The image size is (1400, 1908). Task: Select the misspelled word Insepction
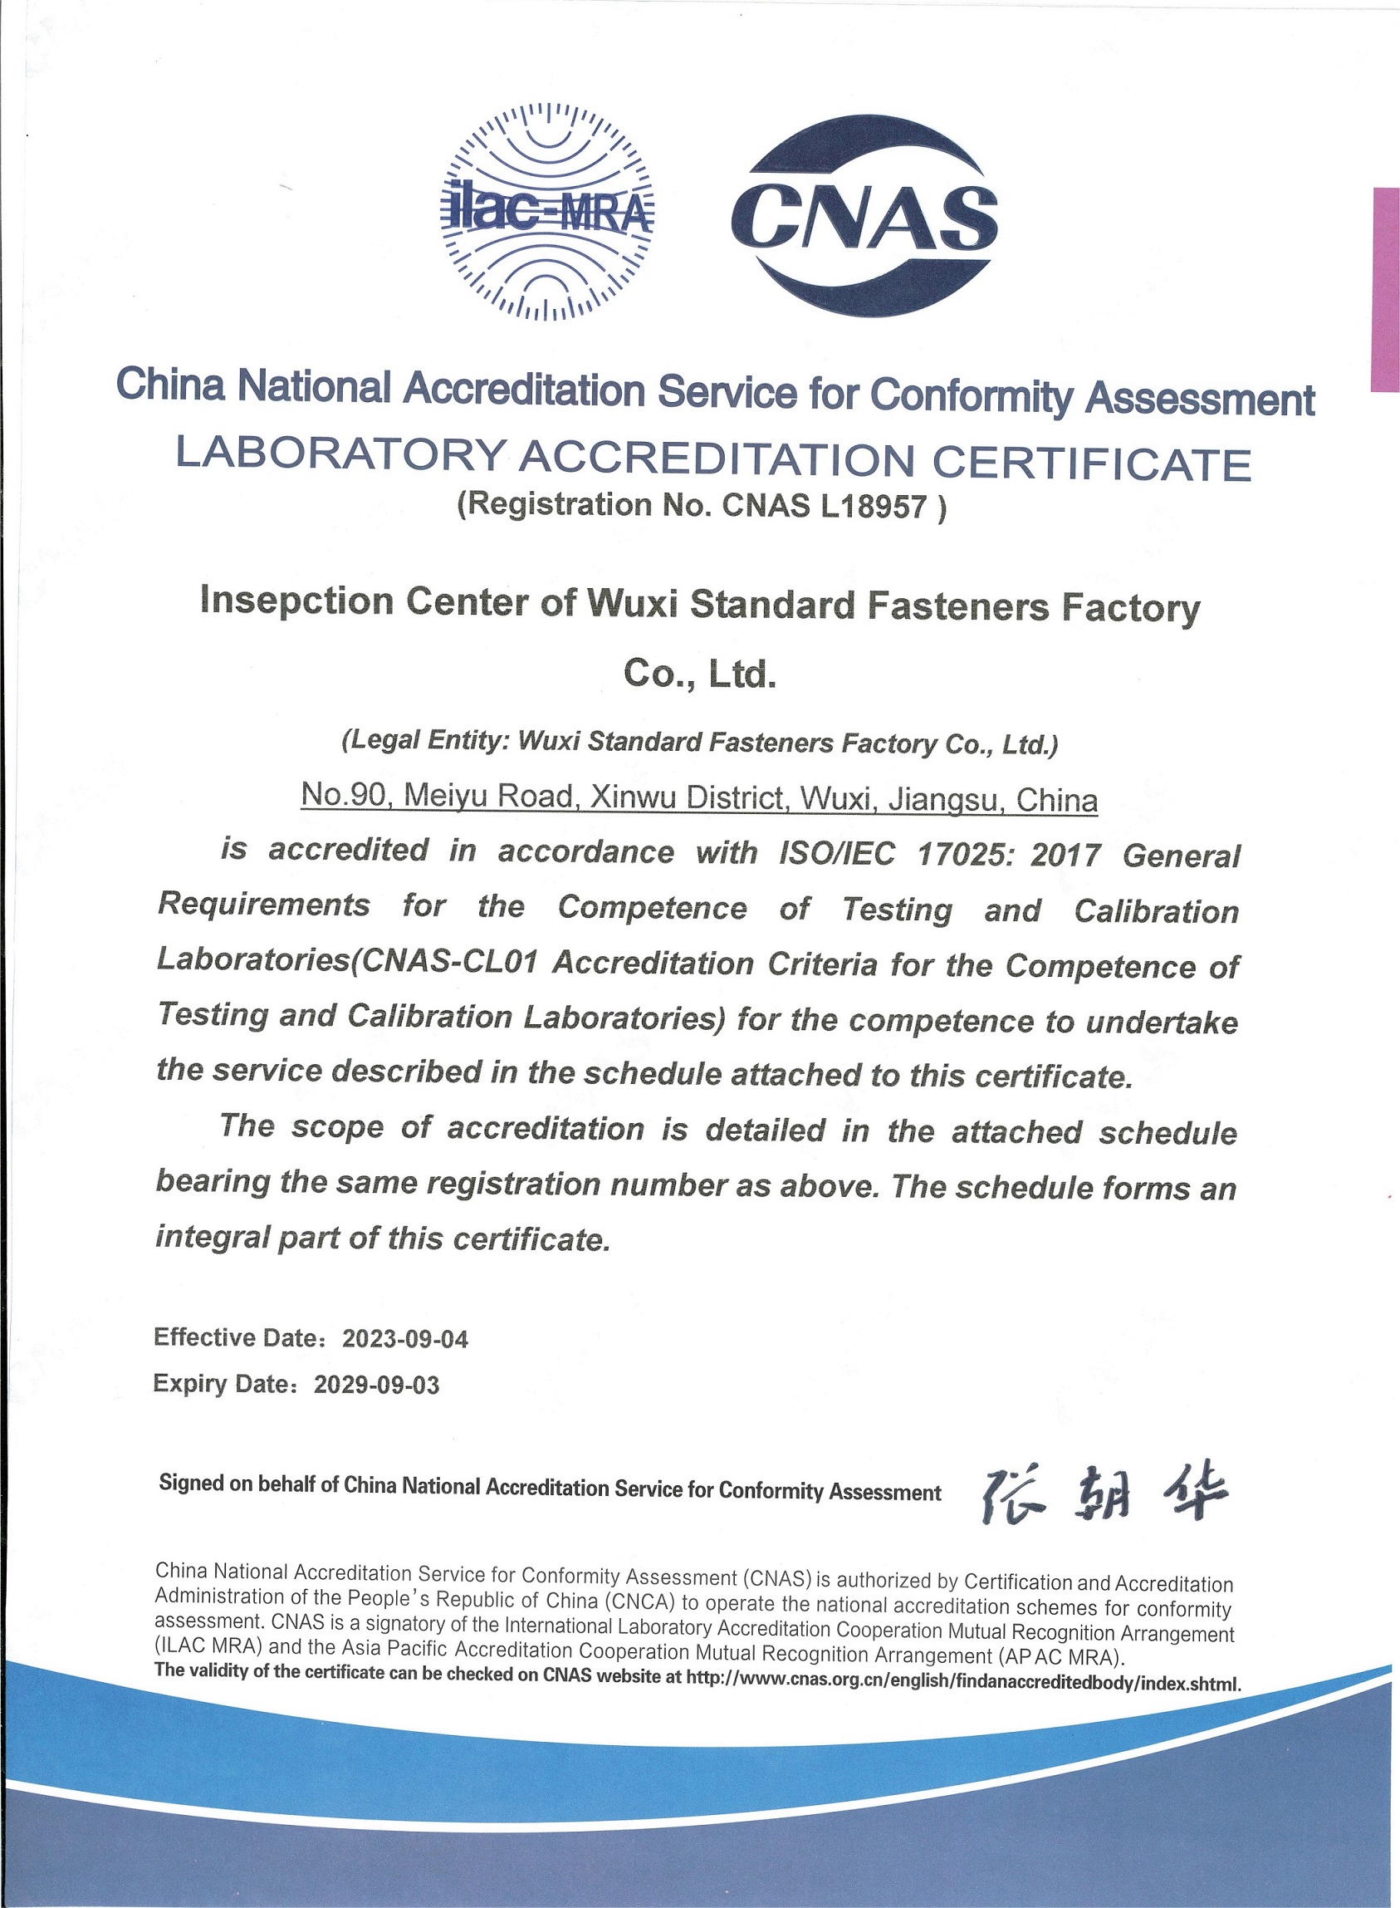point(297,601)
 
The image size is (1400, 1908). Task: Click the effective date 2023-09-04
point(404,1339)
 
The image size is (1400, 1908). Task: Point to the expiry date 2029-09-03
point(376,1385)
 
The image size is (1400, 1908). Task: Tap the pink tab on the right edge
point(1385,289)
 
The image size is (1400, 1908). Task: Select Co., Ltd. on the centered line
point(699,674)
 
